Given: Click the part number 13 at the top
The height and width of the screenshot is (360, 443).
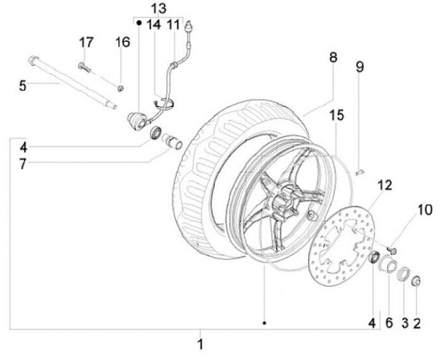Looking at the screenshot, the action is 158,9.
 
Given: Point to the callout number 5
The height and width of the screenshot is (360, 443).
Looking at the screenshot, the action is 23,86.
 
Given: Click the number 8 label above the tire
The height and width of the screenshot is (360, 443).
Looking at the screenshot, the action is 333,57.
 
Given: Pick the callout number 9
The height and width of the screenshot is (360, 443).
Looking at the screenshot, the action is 360,64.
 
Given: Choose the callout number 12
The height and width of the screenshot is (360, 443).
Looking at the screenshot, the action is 385,184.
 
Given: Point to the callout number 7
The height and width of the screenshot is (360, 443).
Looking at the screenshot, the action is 23,164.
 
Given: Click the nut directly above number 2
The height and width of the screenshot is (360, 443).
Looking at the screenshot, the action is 415,282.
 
